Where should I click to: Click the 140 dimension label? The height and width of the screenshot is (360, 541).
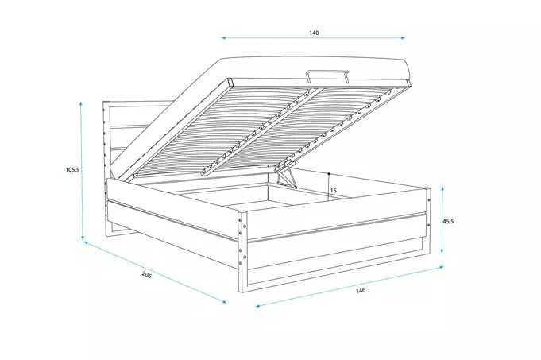coord(314,33)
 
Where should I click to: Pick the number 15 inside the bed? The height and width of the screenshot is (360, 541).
coord(333,191)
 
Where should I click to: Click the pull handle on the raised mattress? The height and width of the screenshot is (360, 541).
coord(327,75)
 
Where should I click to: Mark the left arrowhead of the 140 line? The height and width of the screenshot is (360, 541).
coord(223,37)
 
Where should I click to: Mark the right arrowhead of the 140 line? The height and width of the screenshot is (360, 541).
coord(404,37)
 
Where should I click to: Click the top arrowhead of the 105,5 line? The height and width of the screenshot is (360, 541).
coord(82,103)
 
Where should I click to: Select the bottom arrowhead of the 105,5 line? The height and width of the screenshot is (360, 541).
coord(82,241)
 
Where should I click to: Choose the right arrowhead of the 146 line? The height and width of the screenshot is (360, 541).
coord(442,268)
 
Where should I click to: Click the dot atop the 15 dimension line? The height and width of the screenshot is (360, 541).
coord(328,172)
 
